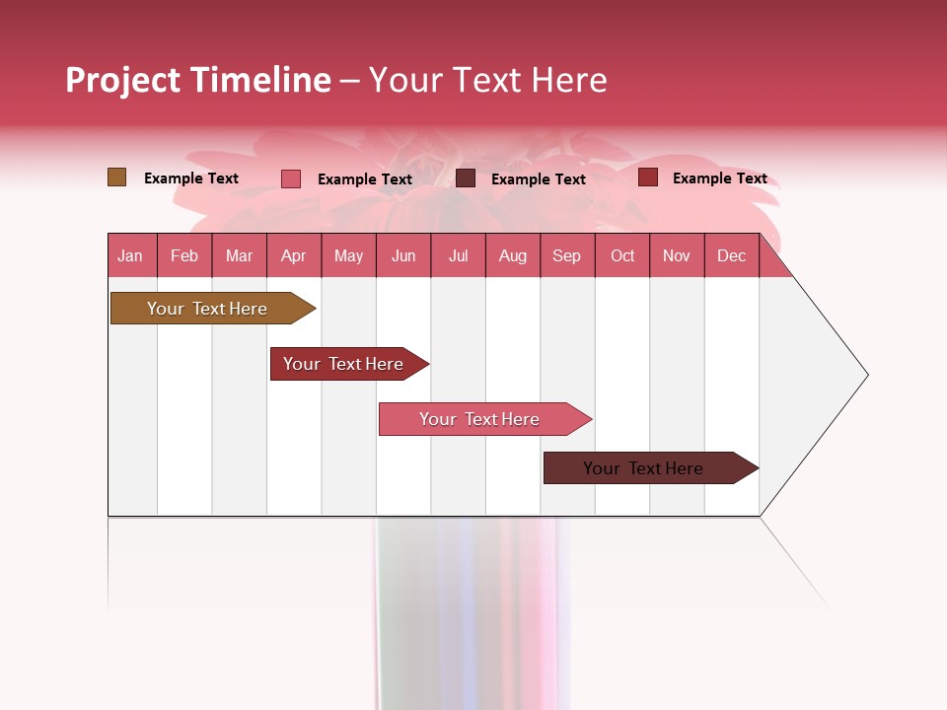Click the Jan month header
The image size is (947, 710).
click(x=131, y=255)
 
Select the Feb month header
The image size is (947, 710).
click(x=184, y=255)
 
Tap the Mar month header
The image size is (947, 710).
click(x=239, y=255)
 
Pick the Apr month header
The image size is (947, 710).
click(x=294, y=255)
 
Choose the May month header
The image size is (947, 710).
click(x=348, y=255)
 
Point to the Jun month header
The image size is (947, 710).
click(x=403, y=255)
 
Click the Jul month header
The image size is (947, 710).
click(x=458, y=255)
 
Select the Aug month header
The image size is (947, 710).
click(x=513, y=255)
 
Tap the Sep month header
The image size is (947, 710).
click(x=567, y=255)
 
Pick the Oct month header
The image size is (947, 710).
click(x=622, y=255)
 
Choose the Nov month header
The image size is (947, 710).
click(x=677, y=255)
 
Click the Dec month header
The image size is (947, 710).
click(x=732, y=255)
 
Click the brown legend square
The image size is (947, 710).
click(x=116, y=177)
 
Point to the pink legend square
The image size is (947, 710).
click(x=291, y=178)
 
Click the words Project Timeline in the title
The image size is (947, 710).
click(x=198, y=80)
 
